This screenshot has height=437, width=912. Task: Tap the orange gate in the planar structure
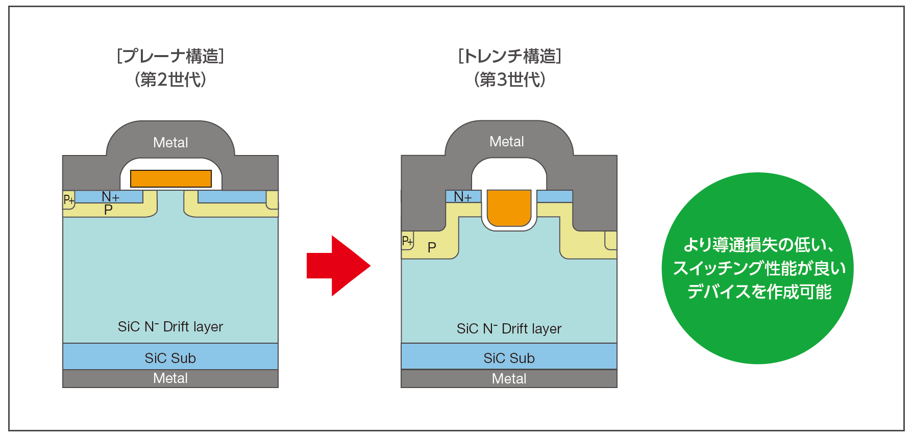coord(171,178)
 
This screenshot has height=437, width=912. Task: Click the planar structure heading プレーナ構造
coord(170,56)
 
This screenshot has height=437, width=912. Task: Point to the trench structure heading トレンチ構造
coord(510,56)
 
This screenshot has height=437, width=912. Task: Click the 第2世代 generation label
coord(170,80)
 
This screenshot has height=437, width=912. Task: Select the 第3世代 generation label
coord(510,80)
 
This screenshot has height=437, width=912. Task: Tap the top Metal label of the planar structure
coord(170,143)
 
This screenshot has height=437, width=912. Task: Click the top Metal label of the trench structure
coord(507,142)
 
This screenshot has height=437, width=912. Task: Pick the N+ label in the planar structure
coord(111,197)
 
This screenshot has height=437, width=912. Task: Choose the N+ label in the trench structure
coord(463,197)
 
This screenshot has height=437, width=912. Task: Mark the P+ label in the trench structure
coord(407,241)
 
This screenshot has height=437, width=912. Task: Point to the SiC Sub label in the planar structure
coord(170,358)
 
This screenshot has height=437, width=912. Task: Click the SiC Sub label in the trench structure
coord(509,358)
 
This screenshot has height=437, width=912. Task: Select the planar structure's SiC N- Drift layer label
coord(170,326)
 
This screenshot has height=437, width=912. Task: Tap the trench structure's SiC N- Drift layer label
coord(509,328)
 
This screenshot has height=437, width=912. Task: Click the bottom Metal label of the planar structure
coord(170,378)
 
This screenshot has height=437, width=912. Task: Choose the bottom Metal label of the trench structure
coord(509,379)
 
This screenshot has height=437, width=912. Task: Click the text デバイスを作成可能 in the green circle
coord(759,292)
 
